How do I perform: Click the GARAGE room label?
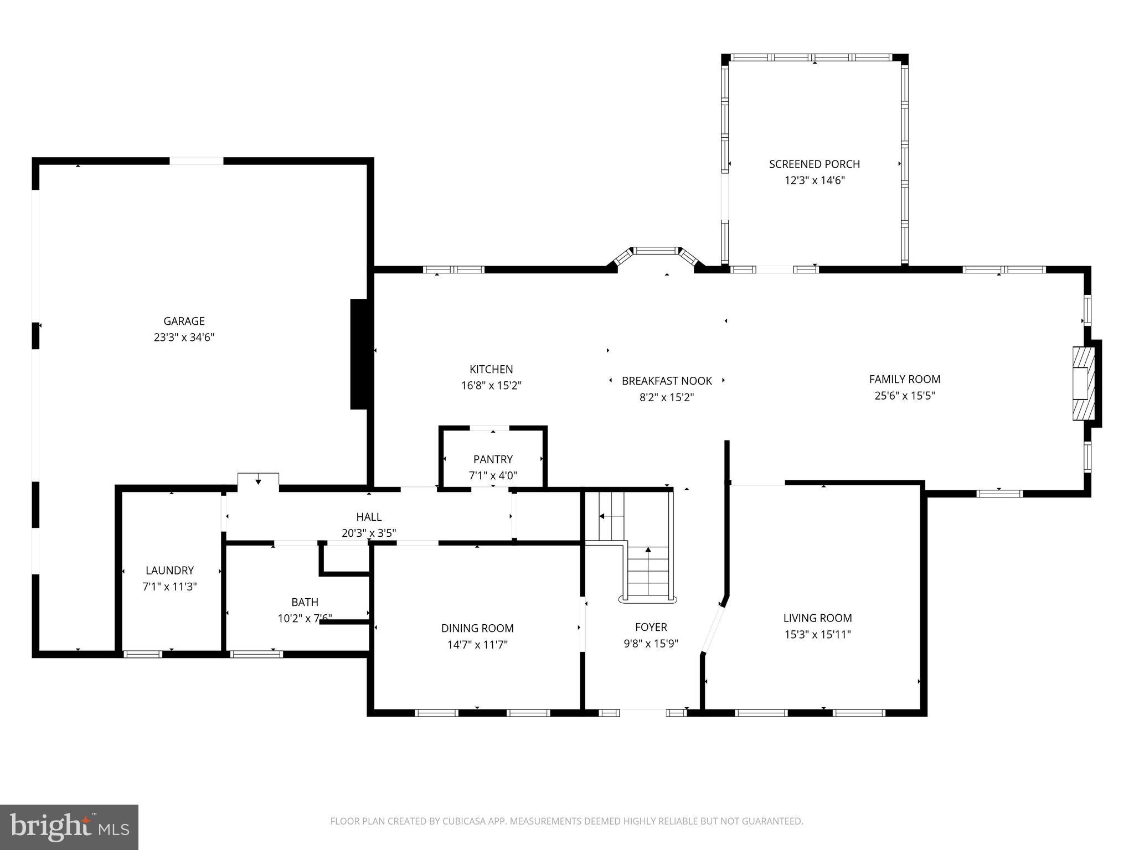(x=184, y=321)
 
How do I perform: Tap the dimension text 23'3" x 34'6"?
(x=184, y=338)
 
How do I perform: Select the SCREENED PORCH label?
(x=814, y=164)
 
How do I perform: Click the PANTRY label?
(x=493, y=459)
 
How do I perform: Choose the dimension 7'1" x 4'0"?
(x=493, y=475)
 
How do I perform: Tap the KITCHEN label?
(x=491, y=369)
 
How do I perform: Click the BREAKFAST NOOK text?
(x=667, y=381)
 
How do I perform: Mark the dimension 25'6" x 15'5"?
(x=904, y=396)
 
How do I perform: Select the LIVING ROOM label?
(x=817, y=618)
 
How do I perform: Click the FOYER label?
(x=651, y=627)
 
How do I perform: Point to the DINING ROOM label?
(x=477, y=628)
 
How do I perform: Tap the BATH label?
(x=305, y=602)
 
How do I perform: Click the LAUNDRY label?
(x=169, y=571)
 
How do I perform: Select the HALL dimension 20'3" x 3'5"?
(x=369, y=533)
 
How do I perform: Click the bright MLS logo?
(x=69, y=827)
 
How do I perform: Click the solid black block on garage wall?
(x=359, y=354)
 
